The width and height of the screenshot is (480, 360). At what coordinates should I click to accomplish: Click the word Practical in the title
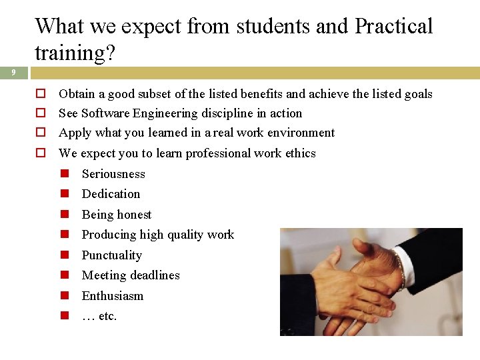tap(393, 27)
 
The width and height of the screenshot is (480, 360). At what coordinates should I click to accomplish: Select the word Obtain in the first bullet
tap(77, 94)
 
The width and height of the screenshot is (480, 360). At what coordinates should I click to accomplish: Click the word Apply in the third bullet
tap(75, 133)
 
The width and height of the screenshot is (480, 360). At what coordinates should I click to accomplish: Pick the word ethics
tap(300, 153)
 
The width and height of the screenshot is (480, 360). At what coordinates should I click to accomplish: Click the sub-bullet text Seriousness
tap(113, 174)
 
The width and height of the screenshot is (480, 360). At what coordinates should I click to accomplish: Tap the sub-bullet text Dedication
tap(111, 194)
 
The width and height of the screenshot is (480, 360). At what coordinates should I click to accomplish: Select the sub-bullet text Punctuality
tap(111, 255)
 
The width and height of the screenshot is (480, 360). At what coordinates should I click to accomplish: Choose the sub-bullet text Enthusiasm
tap(112, 296)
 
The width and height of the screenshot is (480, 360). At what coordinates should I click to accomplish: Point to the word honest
tap(135, 215)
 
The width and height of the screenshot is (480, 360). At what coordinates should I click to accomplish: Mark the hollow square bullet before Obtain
tap(40, 94)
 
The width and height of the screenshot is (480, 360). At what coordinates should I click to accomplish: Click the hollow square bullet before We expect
tap(40, 153)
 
